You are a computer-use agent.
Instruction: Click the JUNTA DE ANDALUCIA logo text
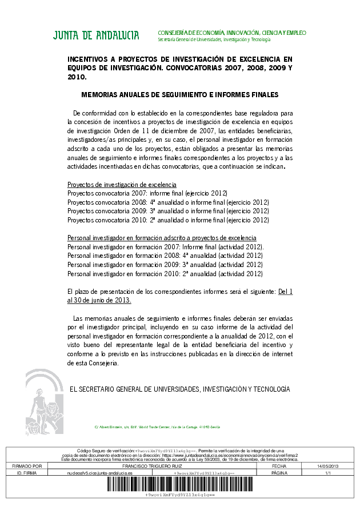click(x=96, y=35)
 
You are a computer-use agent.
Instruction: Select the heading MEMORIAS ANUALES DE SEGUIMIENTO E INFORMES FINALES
click(x=179, y=94)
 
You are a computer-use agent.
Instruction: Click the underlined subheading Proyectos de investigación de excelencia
click(x=122, y=185)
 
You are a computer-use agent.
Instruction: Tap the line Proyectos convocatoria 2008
click(x=168, y=202)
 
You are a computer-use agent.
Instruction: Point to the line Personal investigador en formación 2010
click(x=165, y=273)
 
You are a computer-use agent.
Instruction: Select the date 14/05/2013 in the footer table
click(x=329, y=467)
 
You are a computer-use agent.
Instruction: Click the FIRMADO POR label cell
click(x=27, y=467)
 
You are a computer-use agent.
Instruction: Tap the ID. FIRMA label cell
click(x=27, y=473)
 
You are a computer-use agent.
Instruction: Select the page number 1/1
click(x=329, y=473)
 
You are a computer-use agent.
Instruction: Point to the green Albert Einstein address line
click(x=157, y=427)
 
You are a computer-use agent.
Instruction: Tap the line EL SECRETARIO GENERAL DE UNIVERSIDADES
click(x=179, y=389)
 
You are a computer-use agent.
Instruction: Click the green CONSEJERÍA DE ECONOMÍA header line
click(x=231, y=33)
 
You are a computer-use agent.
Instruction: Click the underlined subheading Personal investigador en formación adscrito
click(x=162, y=238)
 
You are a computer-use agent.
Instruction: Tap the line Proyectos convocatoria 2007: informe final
click(x=147, y=194)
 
